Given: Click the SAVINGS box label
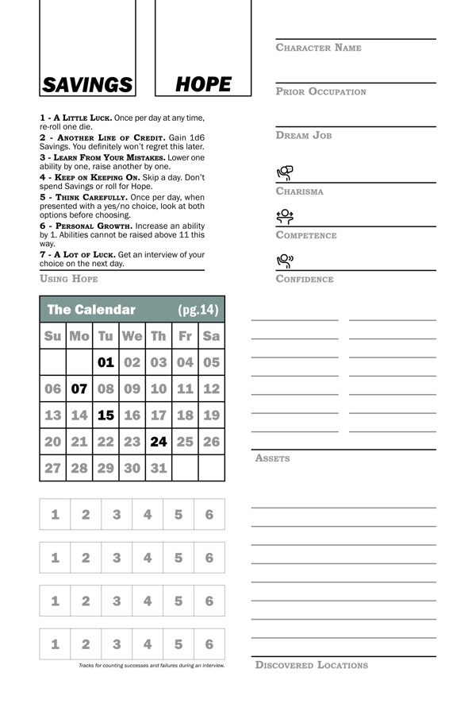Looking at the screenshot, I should coord(87,85).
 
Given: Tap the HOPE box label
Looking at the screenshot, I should coord(203,84).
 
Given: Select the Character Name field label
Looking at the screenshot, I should coord(318,48).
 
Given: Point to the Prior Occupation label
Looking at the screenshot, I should coord(321,91).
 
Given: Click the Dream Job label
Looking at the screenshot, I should coord(303,135).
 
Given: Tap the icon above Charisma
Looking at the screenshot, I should coord(285,172).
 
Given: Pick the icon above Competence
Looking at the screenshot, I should coord(285,216).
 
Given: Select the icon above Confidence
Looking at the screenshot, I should coord(285,260).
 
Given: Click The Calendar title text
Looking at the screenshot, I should coord(91,310).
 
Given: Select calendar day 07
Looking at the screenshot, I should coord(79,388).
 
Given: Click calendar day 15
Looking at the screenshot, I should coord(106,415).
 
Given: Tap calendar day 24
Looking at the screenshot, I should coord(159,441).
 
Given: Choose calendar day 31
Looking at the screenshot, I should coord(159,468).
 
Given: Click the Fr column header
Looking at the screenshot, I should coord(185,336).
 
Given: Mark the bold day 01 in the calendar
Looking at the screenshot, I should coord(106,362).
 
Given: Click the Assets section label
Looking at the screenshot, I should coord(272,458).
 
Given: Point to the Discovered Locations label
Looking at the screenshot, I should coord(311,665).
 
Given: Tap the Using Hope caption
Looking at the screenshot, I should coord(69,279).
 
